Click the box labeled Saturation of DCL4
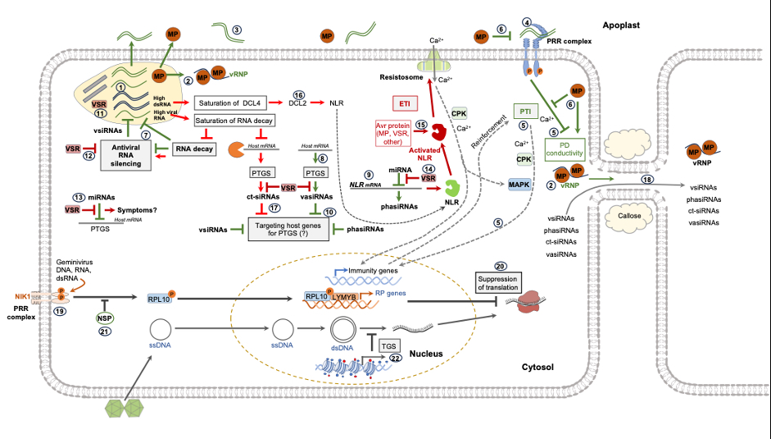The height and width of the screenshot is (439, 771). (234, 103)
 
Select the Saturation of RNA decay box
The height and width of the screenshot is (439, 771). (234, 121)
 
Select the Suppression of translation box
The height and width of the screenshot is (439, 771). (501, 284)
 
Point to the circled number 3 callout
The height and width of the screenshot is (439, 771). (237, 30)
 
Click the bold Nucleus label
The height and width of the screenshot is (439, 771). (426, 354)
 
